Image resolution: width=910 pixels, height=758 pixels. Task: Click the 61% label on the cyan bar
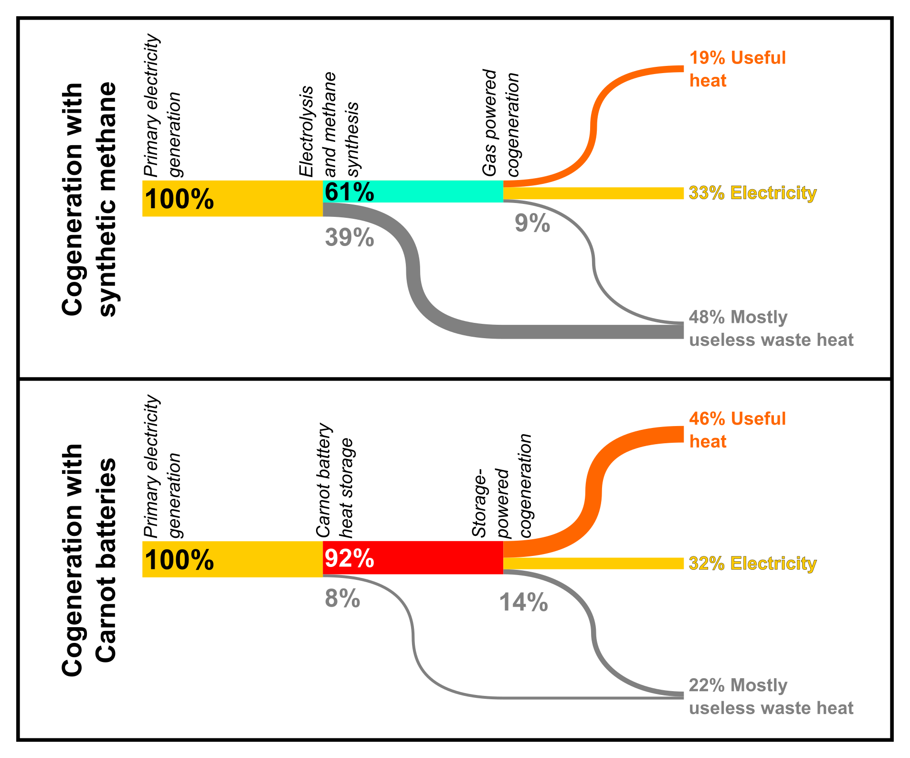349,192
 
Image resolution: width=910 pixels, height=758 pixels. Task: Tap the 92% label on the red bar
349,558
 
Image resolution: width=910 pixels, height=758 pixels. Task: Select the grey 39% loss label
349,237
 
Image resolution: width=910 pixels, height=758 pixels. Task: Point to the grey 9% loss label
532,223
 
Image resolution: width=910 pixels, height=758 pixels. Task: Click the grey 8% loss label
342,598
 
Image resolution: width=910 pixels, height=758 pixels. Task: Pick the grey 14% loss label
523,602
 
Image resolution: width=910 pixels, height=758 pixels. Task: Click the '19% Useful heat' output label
737,69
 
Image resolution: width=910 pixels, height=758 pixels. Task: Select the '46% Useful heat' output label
737,430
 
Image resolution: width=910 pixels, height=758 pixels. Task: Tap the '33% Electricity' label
752,193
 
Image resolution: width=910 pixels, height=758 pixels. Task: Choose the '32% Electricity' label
752,564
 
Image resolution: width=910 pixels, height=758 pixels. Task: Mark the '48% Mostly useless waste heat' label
771,329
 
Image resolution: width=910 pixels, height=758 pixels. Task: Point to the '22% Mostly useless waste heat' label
771,696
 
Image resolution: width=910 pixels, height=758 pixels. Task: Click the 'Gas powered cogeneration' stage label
500,123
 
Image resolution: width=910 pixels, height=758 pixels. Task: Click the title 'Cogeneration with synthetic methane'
89,199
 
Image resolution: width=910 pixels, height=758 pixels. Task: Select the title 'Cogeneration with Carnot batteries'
89,560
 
